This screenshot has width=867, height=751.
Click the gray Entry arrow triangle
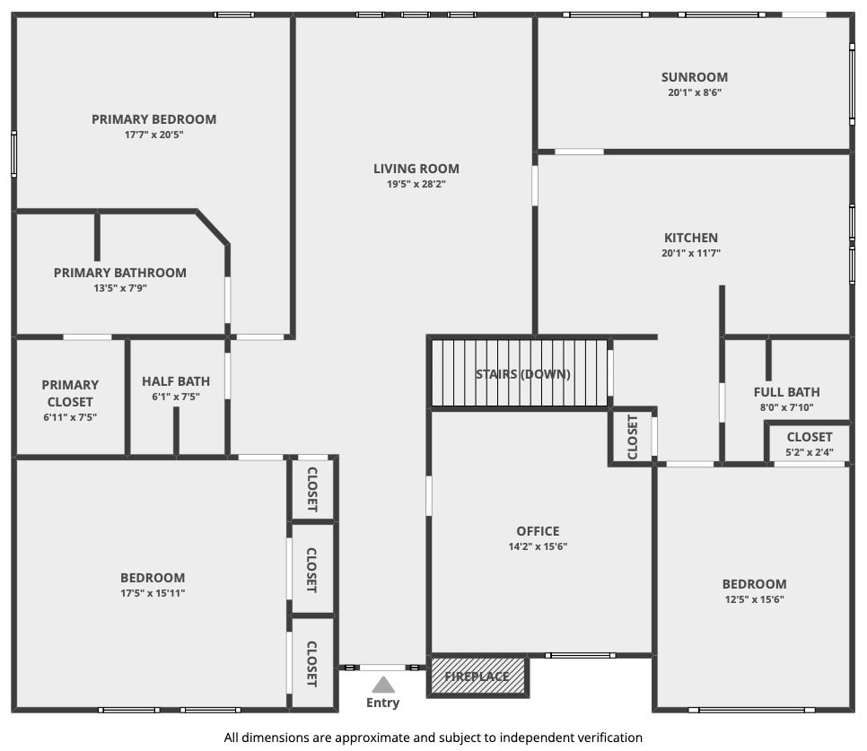pos(383,686)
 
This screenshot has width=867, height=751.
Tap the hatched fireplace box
pos(477,676)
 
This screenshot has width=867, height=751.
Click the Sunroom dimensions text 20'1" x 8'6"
pos(695,92)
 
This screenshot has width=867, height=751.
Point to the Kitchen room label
pos(690,238)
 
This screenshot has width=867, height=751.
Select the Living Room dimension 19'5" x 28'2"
pos(416,184)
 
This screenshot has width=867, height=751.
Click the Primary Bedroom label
pos(153,119)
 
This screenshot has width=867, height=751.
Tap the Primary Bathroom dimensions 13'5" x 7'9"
pos(120,288)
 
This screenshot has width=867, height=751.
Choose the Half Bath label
pos(176,381)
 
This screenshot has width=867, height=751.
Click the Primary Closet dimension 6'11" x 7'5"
pos(70,417)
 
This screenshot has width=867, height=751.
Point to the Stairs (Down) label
pos(522,374)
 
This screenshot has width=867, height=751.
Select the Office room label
pos(538,531)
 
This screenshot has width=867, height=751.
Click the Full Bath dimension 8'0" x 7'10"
pos(786,407)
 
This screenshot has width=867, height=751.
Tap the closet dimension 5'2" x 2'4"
pos(809,452)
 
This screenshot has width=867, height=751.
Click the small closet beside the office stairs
pos(632,437)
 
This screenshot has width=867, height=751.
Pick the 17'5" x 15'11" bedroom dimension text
pos(153,593)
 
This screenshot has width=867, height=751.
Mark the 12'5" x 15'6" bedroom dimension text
pos(754,599)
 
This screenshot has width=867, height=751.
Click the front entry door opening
pos(382,668)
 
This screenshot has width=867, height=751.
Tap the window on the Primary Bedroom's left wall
pos(13,154)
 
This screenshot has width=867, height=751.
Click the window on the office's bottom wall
pos(580,655)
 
